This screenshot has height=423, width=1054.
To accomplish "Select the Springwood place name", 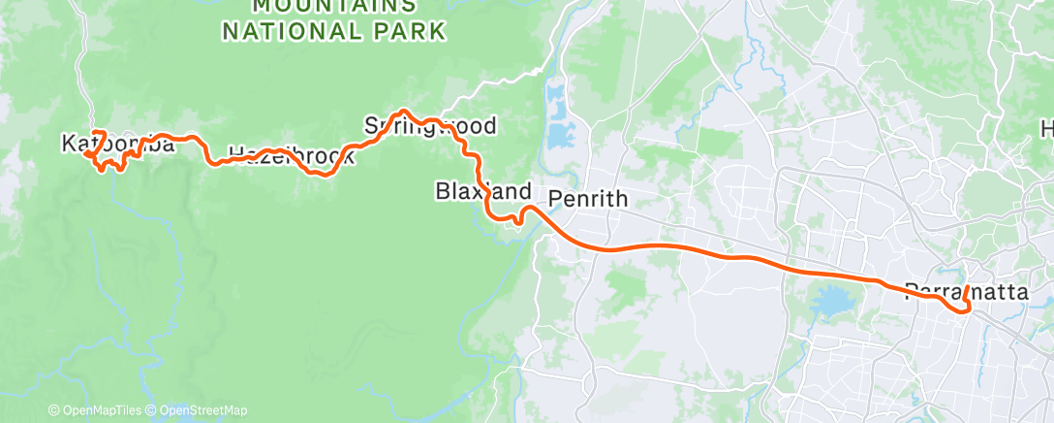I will [430, 126].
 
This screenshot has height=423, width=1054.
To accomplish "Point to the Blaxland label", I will [482, 191].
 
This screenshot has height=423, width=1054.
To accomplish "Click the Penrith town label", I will [588, 200].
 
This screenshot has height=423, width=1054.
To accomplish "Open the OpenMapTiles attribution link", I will [100, 410].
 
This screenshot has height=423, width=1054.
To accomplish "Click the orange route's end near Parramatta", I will [967, 287].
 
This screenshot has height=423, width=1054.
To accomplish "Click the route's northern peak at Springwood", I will [405, 113].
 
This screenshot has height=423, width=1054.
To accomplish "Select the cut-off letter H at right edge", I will [1047, 129].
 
